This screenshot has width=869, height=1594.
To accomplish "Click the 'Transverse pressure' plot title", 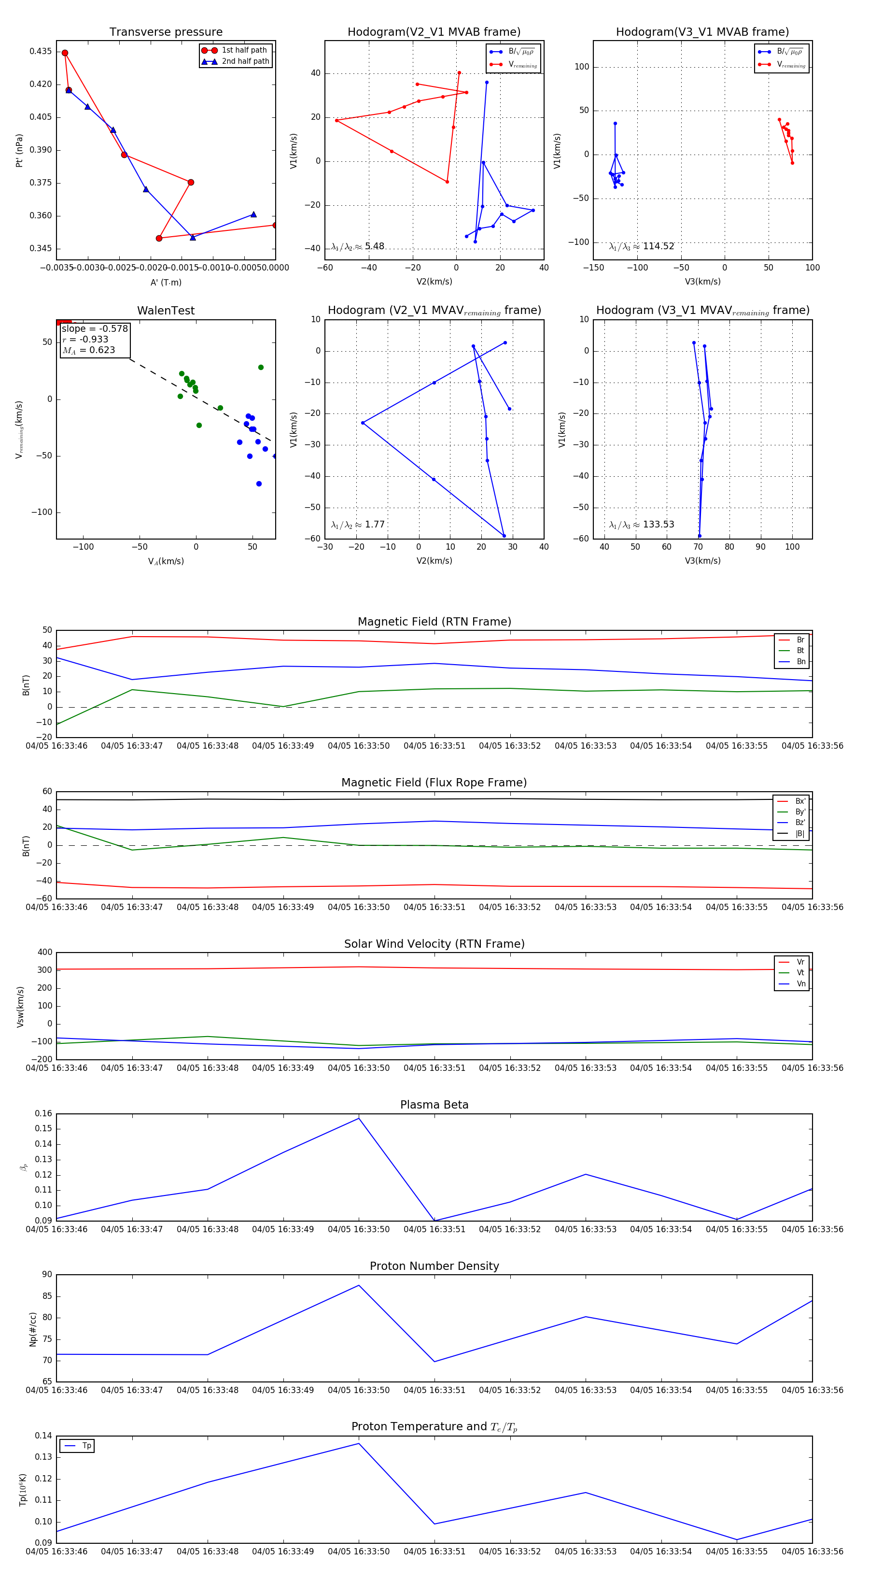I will (166, 32).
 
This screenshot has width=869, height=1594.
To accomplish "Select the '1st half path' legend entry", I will (244, 50).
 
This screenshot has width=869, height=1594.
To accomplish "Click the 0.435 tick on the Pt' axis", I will (41, 51).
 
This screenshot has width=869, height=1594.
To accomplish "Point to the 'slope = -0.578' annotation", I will (95, 328).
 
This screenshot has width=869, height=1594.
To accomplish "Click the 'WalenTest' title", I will (166, 311).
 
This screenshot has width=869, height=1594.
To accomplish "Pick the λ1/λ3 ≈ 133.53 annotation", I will (642, 525).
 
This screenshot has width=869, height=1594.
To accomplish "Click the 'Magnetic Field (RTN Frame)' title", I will (434, 622).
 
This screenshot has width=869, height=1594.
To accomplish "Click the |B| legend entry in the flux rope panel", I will (800, 834).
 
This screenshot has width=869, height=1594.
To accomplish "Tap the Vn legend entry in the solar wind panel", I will (800, 984).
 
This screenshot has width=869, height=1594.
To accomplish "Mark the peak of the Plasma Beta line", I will (359, 1118).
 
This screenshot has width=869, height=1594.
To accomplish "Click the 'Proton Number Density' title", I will (434, 1266).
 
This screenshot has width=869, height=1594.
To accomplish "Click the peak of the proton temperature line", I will (359, 1444).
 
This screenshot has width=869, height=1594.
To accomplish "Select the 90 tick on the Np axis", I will (47, 1275).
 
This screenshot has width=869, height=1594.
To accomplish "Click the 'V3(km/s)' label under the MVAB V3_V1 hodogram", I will (702, 282).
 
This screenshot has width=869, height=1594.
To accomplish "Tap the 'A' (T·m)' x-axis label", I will (166, 282).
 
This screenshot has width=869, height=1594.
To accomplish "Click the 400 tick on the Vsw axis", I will (44, 953).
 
